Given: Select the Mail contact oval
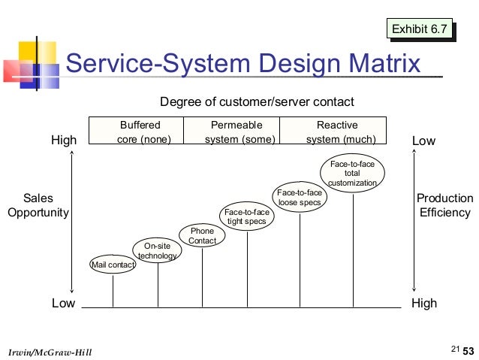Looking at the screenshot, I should (x=113, y=265).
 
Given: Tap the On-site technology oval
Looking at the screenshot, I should (x=158, y=250).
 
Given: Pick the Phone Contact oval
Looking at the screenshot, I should (x=202, y=236).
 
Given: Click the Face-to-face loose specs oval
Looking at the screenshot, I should (x=300, y=198).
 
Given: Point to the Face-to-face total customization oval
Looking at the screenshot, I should (x=352, y=174).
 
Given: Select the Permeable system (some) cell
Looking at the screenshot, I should (x=235, y=131).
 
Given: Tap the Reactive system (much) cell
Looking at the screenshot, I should (x=336, y=131).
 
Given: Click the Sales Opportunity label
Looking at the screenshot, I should (x=38, y=205).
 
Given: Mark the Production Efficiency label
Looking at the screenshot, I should (x=444, y=205).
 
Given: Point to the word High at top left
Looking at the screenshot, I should (x=64, y=141).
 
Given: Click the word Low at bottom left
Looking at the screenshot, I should (x=63, y=303).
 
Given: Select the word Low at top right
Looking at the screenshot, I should (x=423, y=141).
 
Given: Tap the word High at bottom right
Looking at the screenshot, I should (x=424, y=303).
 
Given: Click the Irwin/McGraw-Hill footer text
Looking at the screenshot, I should (x=49, y=351).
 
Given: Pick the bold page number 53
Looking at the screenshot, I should (x=468, y=351).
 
